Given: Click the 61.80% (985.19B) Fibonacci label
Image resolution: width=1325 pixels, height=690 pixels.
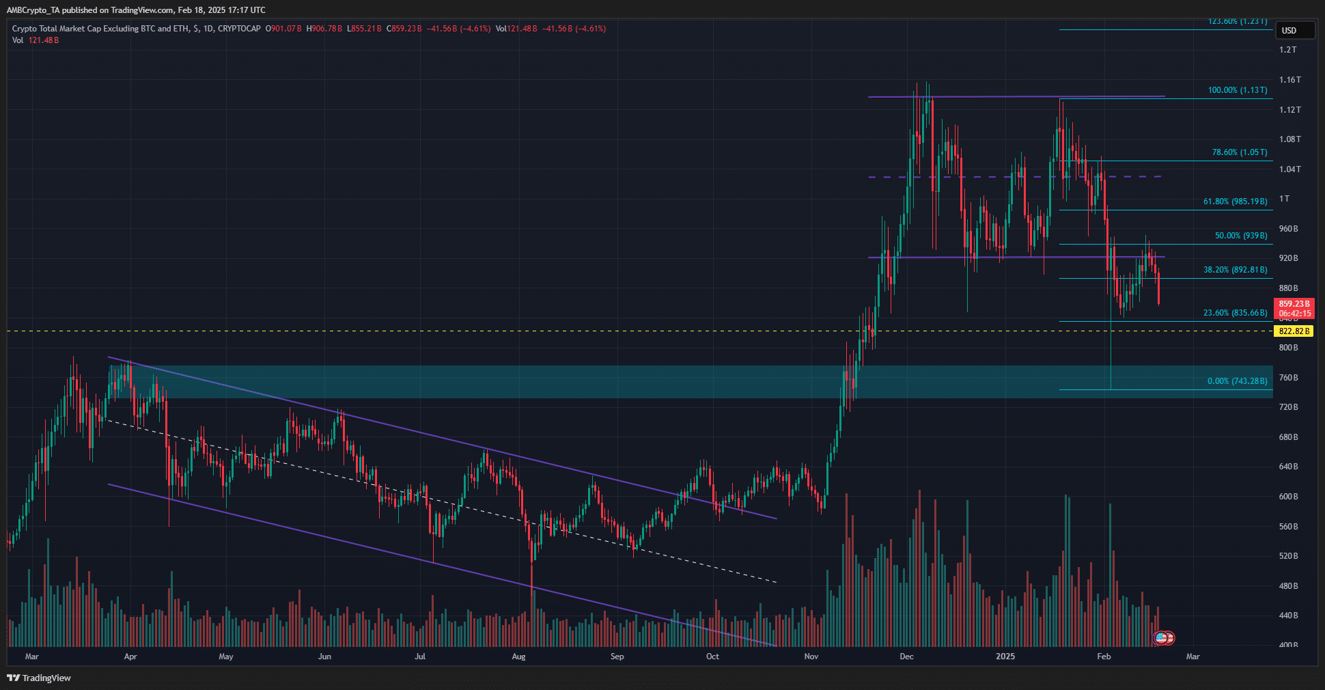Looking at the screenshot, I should tap(1235, 202).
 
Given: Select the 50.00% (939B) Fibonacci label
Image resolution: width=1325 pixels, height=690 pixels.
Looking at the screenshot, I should tap(1241, 236).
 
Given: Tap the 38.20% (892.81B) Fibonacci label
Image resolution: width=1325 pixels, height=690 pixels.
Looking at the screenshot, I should tap(1235, 270).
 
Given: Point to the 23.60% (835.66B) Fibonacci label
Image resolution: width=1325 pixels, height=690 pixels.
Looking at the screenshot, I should tap(1235, 313).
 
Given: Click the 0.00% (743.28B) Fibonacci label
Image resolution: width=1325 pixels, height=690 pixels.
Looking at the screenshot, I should tap(1237, 381).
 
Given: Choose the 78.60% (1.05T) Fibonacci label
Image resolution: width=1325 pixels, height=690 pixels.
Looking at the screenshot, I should tap(1239, 152).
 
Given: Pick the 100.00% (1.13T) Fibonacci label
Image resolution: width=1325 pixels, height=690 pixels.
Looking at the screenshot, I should tap(1237, 90).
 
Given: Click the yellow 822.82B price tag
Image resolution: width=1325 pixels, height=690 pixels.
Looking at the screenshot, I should tap(1294, 331).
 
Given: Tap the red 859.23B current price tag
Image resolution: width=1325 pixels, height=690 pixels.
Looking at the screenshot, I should tap(1294, 304).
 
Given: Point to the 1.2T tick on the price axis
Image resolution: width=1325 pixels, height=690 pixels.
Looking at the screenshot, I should tap(1287, 50).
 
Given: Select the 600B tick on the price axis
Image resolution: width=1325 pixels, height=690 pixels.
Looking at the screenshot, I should tap(1288, 497).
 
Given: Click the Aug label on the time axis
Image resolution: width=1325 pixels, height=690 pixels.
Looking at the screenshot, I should tap(518, 657).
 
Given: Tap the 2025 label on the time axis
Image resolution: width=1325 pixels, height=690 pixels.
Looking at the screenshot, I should tap(1005, 657).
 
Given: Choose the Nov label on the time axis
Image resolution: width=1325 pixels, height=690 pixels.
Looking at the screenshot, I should tap(811, 657).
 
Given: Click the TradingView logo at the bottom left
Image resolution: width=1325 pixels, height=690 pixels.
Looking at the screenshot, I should tap(39, 678).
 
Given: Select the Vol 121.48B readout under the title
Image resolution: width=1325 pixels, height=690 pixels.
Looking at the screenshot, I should tap(36, 40).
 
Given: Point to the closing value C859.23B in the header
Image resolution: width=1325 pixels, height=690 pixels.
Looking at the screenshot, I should tap(404, 29).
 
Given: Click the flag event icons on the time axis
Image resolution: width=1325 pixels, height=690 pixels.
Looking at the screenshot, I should tap(1163, 638).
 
